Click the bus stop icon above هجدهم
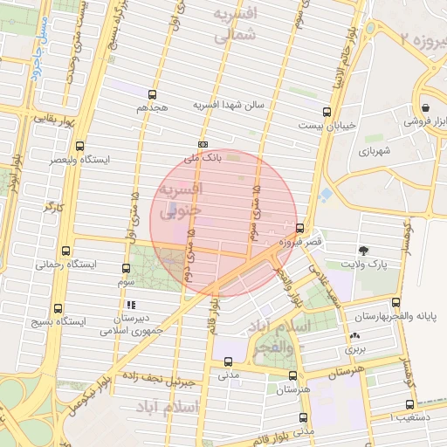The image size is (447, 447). [x=154, y=94]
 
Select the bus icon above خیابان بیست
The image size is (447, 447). [x=327, y=112]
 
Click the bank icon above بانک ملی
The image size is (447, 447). [x=203, y=144]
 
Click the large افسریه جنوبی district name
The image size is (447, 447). [x=181, y=200]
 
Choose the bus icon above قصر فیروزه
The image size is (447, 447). [x=300, y=228]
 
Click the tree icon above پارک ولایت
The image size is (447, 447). [x=365, y=249]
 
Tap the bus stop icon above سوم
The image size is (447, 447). [x=127, y=272]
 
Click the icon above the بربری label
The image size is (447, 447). [x=354, y=336]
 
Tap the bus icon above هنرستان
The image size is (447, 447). [x=292, y=373]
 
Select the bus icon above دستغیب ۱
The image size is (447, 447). [x=409, y=404]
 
